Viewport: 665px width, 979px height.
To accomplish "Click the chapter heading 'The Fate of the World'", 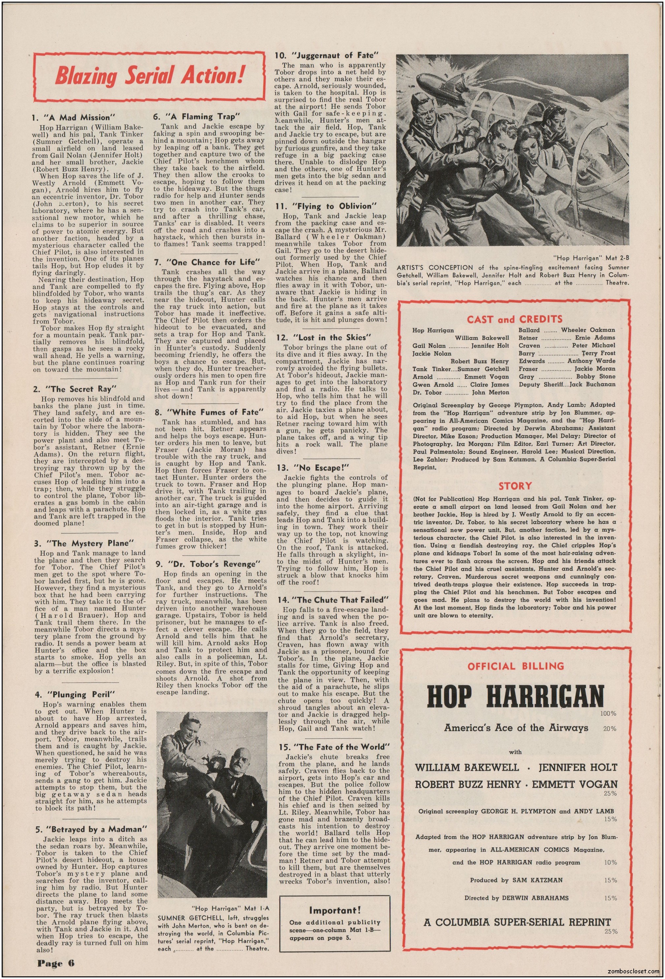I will (x=334, y=747).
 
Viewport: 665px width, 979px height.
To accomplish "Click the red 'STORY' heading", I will (x=515, y=486).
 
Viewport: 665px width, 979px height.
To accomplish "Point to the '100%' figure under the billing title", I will (x=609, y=714).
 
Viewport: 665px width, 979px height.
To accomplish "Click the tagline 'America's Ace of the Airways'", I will (x=516, y=727).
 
